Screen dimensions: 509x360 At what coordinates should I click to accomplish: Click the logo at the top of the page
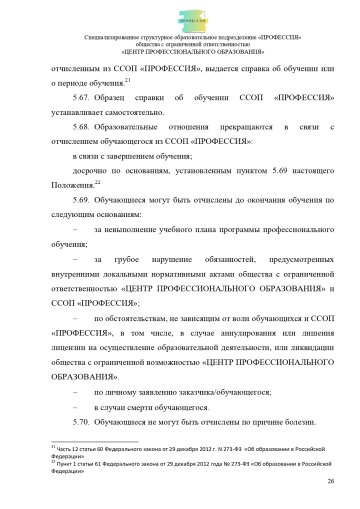179,16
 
